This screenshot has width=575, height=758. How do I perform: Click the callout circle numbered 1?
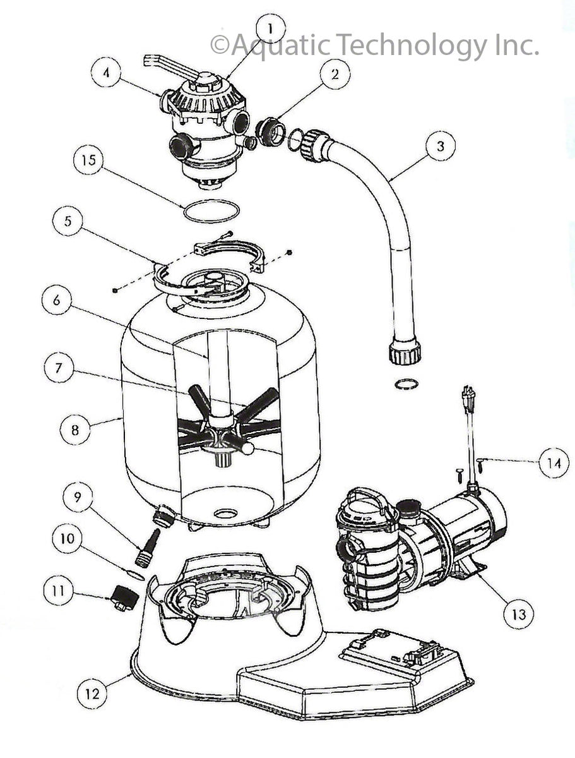pos(271,29)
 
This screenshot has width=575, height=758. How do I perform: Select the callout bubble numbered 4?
pos(106,73)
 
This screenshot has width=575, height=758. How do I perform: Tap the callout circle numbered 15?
pos(88,160)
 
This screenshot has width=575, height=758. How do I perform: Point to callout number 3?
pos(441,146)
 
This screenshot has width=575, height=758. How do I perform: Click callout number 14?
pos(554,463)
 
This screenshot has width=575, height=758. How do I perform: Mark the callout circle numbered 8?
pos(75,430)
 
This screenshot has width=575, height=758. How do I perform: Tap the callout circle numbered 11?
pos(58,591)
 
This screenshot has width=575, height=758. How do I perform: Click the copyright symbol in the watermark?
pos(220,45)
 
